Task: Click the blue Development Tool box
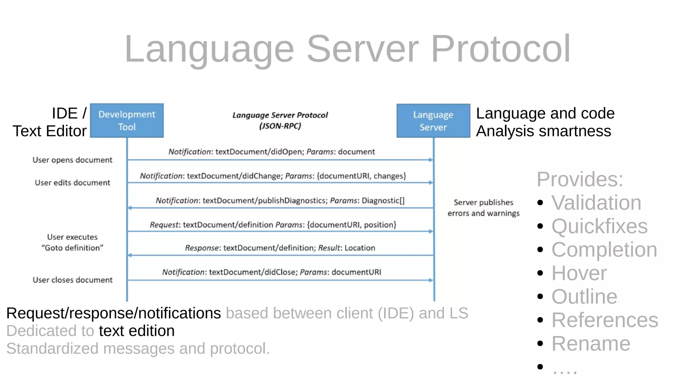coord(127,121)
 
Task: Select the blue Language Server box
coord(433,121)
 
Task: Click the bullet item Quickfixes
coord(599,226)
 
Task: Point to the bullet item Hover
coord(579,273)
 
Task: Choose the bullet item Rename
coord(591,344)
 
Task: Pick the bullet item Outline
coord(584,297)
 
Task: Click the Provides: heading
coord(580,179)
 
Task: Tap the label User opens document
coord(72,160)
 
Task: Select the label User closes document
coord(72,280)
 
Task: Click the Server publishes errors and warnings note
coord(483,208)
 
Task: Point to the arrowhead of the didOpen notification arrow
coord(431,160)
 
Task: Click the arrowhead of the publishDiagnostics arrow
coord(130,208)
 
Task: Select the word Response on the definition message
coord(202,248)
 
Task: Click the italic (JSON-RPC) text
coord(280,126)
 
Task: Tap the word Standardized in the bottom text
coord(52,349)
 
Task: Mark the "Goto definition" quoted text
coord(72,248)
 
